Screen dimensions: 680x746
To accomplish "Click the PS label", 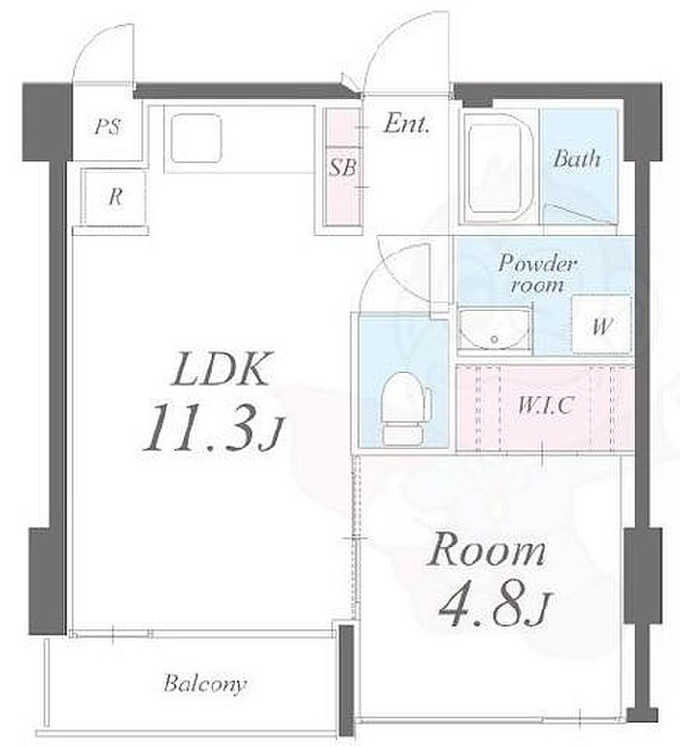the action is (x=107, y=127).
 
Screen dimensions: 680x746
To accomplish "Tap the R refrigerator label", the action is (x=116, y=196).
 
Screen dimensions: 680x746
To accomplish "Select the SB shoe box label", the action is (x=343, y=167).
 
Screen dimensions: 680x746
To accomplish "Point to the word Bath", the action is (x=576, y=158).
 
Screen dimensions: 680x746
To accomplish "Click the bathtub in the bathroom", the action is (x=498, y=168).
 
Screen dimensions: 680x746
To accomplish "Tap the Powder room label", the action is (x=538, y=274).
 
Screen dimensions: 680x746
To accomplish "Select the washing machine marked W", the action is (x=601, y=324).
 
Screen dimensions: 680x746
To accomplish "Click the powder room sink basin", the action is (x=493, y=329).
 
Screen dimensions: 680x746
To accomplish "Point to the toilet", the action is (x=405, y=408).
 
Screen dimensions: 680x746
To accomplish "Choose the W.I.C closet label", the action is (x=545, y=405).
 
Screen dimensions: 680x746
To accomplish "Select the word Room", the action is (x=486, y=551).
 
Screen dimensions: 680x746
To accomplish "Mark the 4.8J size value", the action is (x=493, y=606).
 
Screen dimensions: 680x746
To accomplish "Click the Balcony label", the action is (x=205, y=684).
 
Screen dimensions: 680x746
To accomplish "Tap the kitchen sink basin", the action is (x=196, y=138).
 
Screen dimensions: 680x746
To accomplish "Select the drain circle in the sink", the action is (x=494, y=339).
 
